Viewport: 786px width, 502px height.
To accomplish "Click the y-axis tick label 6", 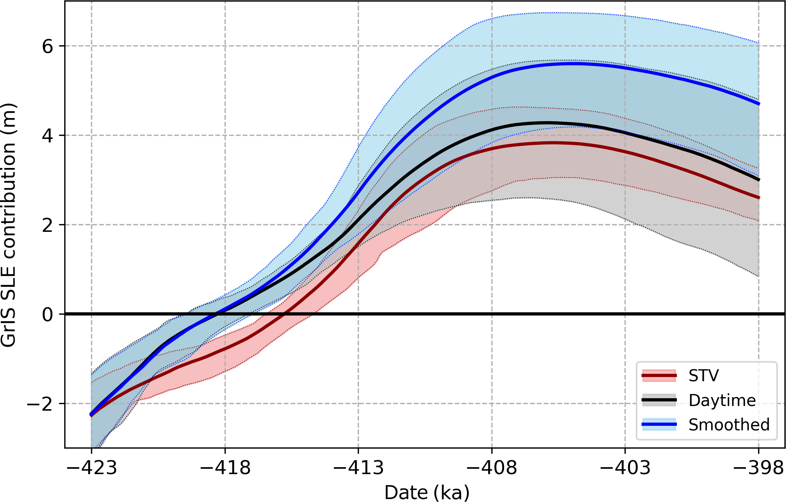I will (48, 47).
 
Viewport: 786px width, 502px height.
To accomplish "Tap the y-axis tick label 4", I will (48, 136).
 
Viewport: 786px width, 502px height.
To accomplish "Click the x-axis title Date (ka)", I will (427, 493).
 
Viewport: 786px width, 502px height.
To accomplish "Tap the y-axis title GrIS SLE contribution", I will (9, 225).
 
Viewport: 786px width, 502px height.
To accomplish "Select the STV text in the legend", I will (704, 376).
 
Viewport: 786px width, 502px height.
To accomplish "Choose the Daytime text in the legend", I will (722, 401).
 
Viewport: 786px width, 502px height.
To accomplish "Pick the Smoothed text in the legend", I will (729, 425).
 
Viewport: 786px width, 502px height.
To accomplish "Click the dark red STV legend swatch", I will (659, 376).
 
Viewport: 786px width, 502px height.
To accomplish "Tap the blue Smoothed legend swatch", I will (659, 425).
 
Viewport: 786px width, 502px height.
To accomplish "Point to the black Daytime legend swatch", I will (659, 400).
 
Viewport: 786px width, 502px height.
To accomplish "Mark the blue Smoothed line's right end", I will (758, 104).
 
